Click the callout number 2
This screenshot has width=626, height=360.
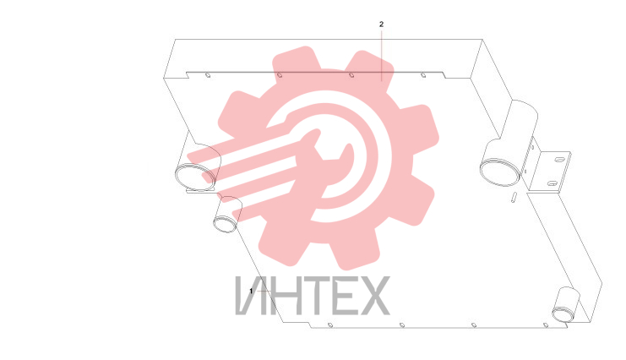click(381, 25)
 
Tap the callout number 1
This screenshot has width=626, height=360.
click(251, 291)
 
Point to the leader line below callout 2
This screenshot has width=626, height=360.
click(381, 56)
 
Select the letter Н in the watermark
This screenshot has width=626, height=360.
click(286, 295)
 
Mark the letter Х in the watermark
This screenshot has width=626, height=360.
click(373, 295)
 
